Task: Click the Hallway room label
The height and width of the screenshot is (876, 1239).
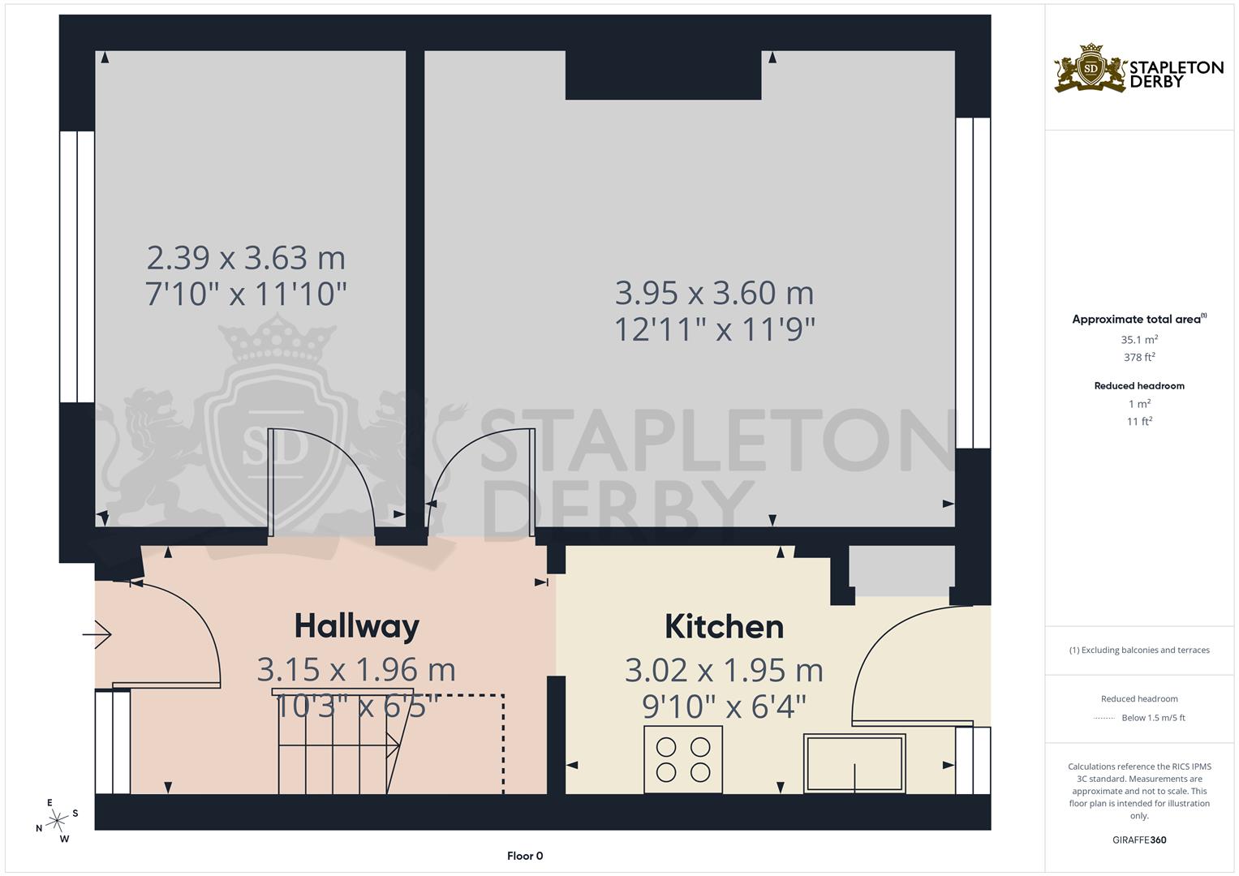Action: (356, 626)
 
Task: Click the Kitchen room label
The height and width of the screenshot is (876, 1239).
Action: (724, 627)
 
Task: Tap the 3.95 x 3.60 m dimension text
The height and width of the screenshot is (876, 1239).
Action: (714, 292)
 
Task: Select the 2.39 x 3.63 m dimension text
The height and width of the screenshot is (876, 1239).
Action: (246, 258)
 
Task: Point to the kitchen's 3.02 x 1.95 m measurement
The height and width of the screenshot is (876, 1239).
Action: (724, 671)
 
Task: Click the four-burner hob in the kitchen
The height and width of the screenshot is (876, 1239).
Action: (682, 759)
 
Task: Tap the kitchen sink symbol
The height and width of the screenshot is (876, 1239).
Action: (854, 763)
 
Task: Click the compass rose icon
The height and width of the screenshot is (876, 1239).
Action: (57, 821)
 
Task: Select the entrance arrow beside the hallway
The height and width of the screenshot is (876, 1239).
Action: (97, 633)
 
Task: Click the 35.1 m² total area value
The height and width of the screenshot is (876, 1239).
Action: (1139, 340)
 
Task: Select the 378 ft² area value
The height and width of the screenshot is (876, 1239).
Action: (1139, 357)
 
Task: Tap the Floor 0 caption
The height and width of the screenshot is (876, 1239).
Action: (524, 856)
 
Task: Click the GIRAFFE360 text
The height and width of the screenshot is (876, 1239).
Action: (1139, 839)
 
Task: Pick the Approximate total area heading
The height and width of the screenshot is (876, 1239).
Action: (1138, 319)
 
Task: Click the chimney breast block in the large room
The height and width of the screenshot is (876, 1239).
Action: (663, 75)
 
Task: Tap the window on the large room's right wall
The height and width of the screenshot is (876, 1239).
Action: (972, 283)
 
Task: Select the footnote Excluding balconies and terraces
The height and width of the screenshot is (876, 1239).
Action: (1139, 650)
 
